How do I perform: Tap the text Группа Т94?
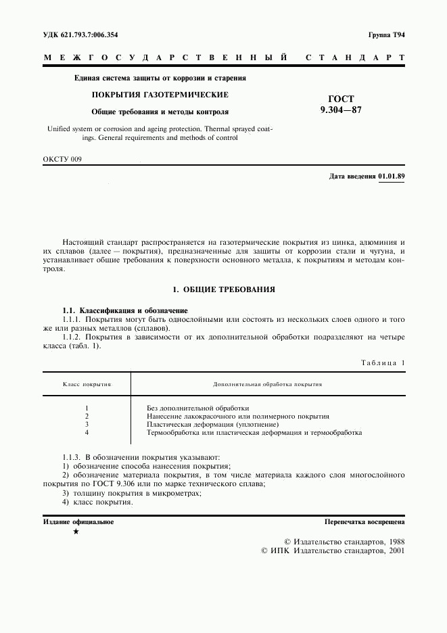click(386, 34)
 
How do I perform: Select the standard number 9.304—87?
click(341, 110)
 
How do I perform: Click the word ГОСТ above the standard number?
click(341, 99)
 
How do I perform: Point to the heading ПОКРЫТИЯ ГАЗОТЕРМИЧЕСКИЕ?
click(160, 95)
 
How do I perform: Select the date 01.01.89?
click(392, 177)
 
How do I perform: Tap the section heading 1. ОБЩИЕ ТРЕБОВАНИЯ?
click(223, 289)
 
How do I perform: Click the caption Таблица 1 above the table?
click(383, 363)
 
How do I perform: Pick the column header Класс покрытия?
click(87, 383)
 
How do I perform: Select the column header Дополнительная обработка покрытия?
click(267, 383)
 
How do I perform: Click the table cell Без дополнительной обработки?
click(198, 408)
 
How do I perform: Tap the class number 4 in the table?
click(87, 432)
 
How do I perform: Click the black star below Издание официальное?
click(76, 533)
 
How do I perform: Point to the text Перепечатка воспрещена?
click(364, 522)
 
